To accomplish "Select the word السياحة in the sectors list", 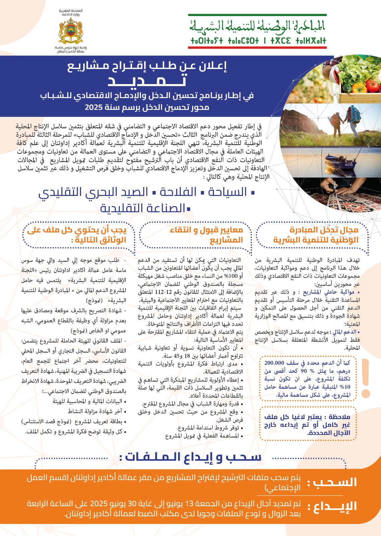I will click(228, 192).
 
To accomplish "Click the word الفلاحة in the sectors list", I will click(178, 192).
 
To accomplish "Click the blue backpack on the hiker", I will click(355, 114).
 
